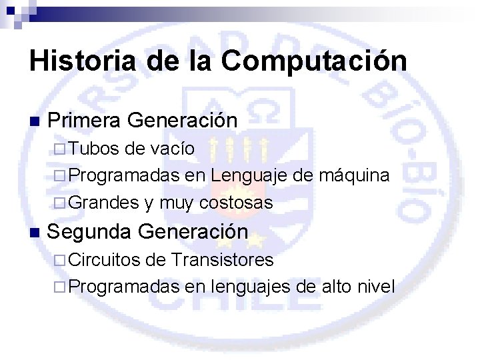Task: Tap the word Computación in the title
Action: tap(314, 61)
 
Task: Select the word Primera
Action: tap(84, 120)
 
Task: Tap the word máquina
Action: tap(355, 176)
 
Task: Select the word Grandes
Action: tap(103, 203)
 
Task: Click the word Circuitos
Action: tap(105, 259)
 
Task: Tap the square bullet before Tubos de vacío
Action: tap(59, 149)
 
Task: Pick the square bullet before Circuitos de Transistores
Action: tap(59, 259)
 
